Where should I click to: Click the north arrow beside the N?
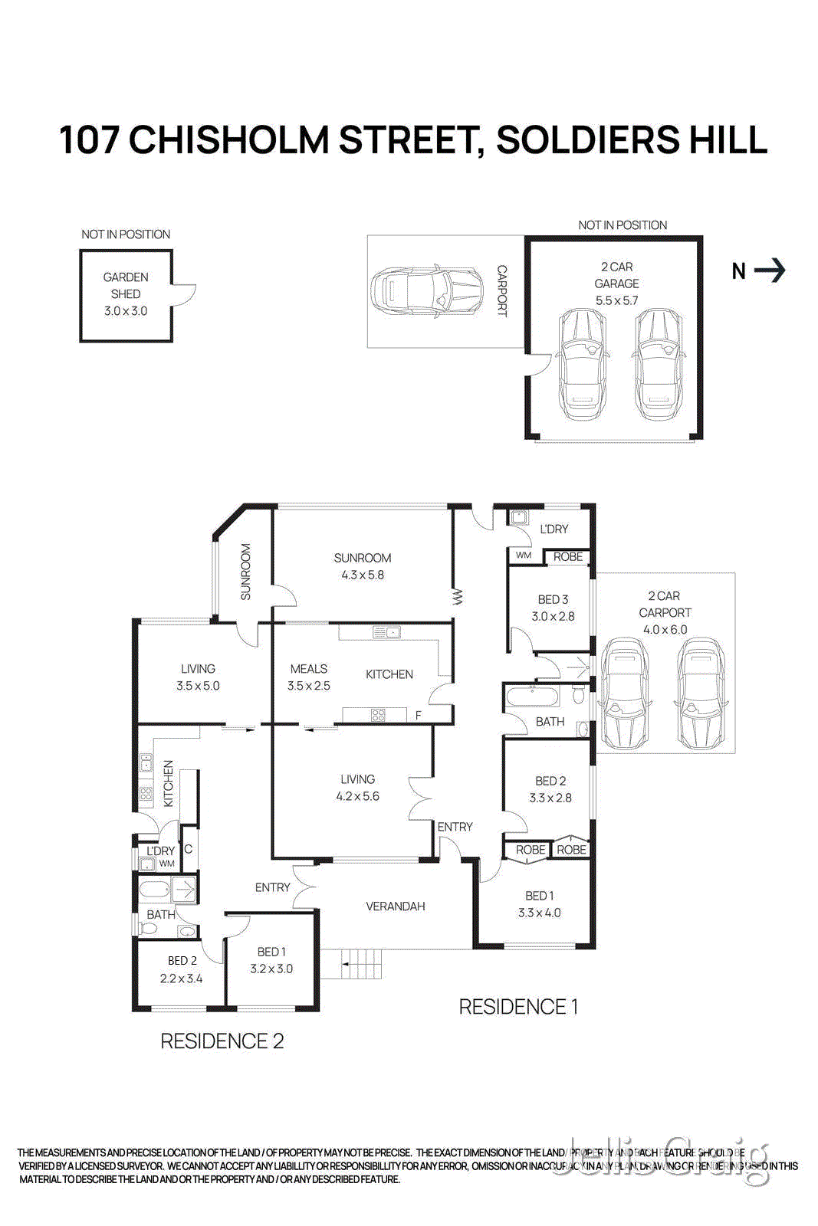[770, 270]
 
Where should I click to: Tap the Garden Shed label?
[126, 285]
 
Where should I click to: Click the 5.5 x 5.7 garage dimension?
[616, 300]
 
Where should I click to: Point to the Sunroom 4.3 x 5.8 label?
[363, 566]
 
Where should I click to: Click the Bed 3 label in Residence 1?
[553, 599]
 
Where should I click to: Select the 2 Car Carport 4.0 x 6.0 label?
[665, 612]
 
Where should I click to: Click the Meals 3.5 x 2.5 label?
[309, 677]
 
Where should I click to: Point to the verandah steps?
[361, 962]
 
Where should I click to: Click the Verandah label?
[395, 906]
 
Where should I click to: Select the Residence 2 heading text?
[222, 1041]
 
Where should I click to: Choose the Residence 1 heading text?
[518, 1006]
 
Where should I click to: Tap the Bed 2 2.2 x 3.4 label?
[182, 969]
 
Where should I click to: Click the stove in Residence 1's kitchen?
[378, 716]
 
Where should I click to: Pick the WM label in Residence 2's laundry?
[166, 864]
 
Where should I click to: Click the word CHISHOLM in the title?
[228, 140]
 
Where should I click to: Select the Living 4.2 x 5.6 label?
[357, 788]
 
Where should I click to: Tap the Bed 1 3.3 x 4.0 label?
[539, 904]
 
